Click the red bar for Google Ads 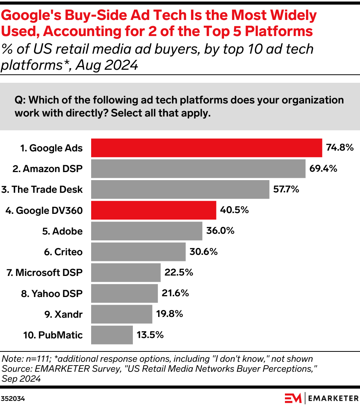(x=206, y=148)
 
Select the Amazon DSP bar (x=198, y=169)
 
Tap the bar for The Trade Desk (x=180, y=189)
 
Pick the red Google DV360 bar (x=154, y=210)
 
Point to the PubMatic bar (x=112, y=335)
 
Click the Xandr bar (x=121, y=314)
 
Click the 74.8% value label (x=339, y=148)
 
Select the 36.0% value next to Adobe (x=220, y=231)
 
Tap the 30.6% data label (x=203, y=252)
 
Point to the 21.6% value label (x=175, y=294)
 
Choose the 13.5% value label (x=150, y=335)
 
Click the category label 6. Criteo (x=63, y=252)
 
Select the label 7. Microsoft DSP (x=44, y=272)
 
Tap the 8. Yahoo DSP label (x=52, y=294)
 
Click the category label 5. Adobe (x=62, y=231)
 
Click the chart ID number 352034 (x=13, y=399)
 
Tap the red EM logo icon (x=293, y=398)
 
